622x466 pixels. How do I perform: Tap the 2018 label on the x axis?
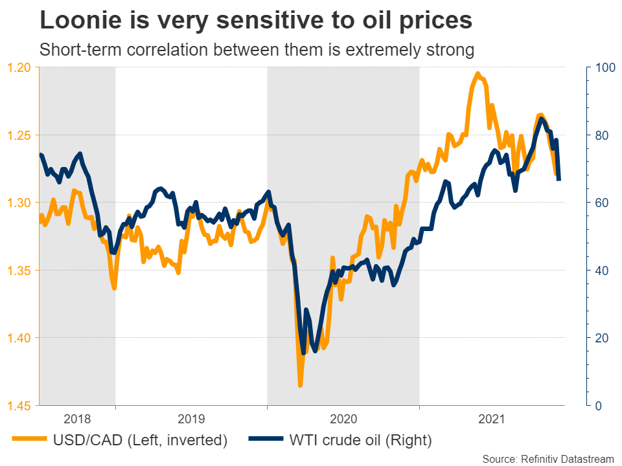tap(78, 419)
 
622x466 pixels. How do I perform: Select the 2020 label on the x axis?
tap(343, 419)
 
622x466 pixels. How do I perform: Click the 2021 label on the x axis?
tap(496, 419)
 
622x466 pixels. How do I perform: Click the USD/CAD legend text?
tap(141, 441)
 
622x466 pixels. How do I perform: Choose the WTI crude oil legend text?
tap(360, 441)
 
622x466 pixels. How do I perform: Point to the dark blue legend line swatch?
tap(266, 440)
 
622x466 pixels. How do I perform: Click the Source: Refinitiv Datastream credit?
tap(547, 459)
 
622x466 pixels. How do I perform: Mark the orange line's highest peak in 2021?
tap(478, 73)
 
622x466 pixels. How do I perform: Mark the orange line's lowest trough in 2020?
tap(300, 386)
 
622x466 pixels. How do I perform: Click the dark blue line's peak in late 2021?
tap(540, 118)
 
